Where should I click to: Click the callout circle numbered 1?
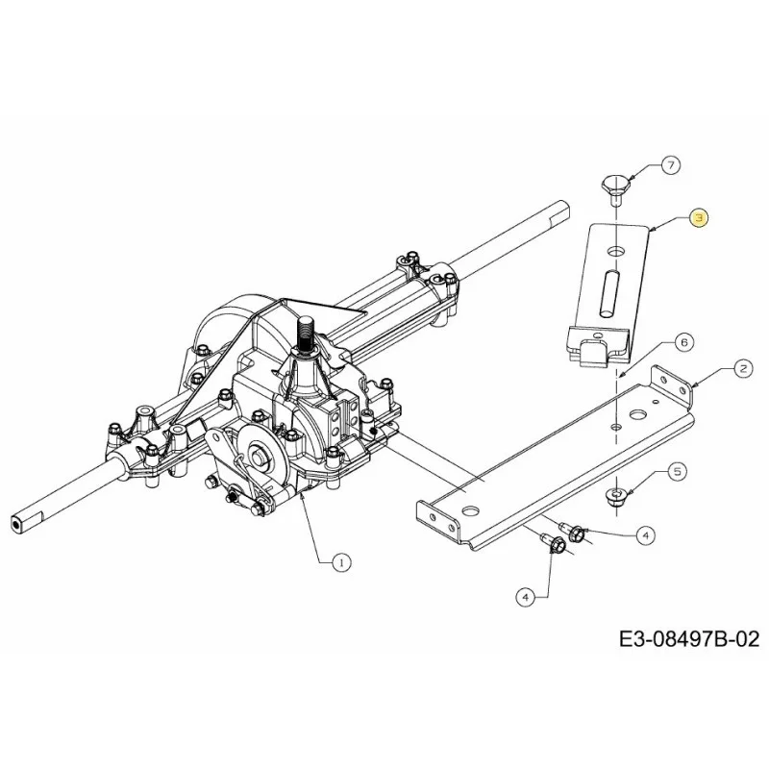click(341, 562)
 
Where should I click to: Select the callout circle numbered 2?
click(743, 368)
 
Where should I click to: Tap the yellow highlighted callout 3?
click(699, 218)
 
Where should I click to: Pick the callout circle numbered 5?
click(678, 472)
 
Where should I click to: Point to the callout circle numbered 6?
click(684, 342)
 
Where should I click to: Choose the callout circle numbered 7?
click(670, 164)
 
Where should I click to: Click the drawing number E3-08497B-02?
click(689, 639)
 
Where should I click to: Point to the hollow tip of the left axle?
click(17, 524)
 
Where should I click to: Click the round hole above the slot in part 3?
click(615, 252)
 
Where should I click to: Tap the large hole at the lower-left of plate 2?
click(471, 511)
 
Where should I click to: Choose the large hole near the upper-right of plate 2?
click(638, 415)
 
